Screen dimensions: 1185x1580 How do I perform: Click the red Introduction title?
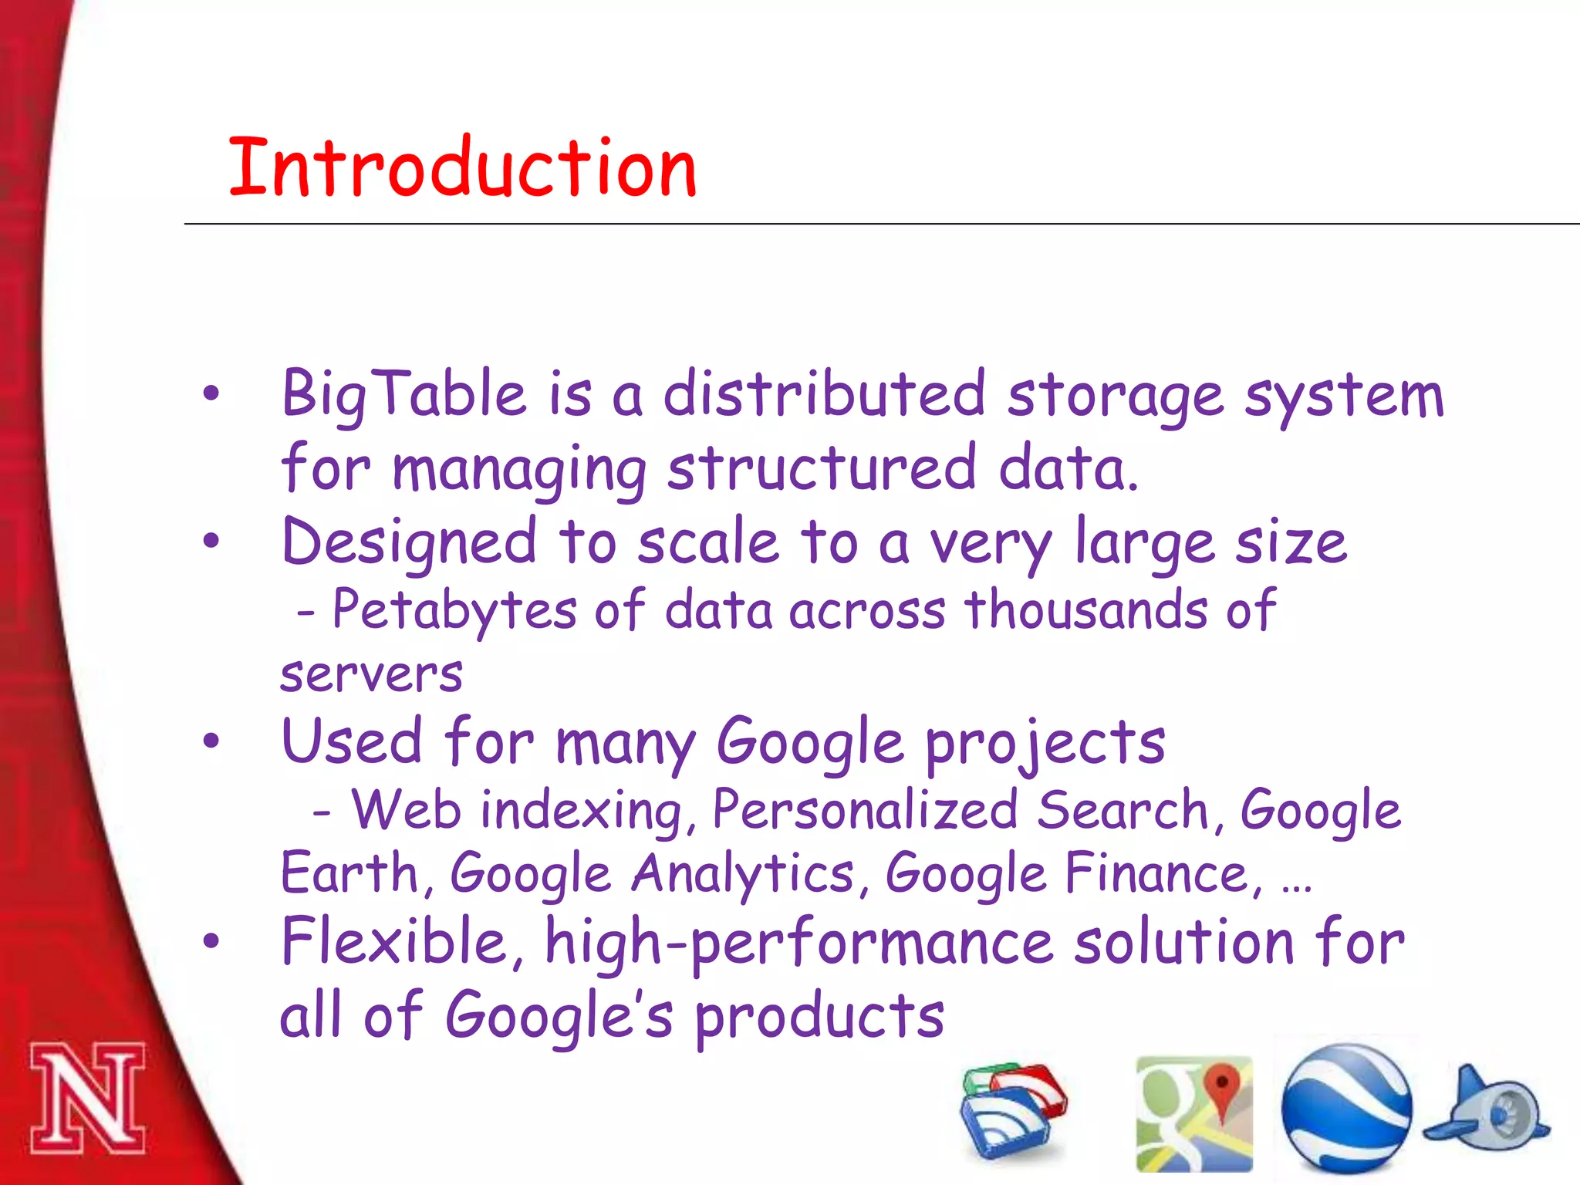pyautogui.click(x=463, y=167)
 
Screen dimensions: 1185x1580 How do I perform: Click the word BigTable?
pyautogui.click(x=403, y=395)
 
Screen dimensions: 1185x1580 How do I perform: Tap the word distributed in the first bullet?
pyautogui.click(x=824, y=395)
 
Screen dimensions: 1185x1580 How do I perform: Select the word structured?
pyautogui.click(x=822, y=469)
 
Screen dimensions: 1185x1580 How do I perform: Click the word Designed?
pyautogui.click(x=409, y=542)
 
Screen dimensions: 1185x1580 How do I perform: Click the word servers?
pyautogui.click(x=371, y=674)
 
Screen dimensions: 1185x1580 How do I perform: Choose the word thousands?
pyautogui.click(x=1086, y=609)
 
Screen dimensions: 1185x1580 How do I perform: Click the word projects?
pyautogui.click(x=1045, y=743)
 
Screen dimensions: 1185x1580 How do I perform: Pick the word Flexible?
pyautogui.click(x=393, y=942)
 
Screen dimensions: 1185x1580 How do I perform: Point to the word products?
pyautogui.click(x=819, y=1017)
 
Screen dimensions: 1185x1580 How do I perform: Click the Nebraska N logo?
pyautogui.click(x=87, y=1098)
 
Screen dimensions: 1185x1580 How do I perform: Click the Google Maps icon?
pyautogui.click(x=1193, y=1113)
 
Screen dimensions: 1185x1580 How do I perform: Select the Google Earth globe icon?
pyautogui.click(x=1345, y=1109)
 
